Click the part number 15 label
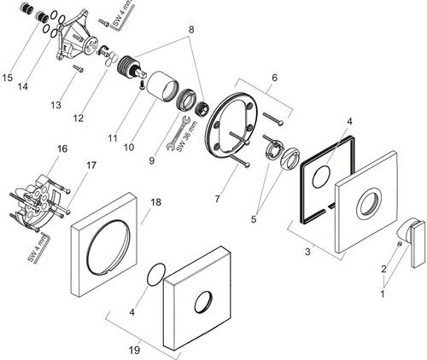point(8,78)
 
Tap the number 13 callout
point(56,105)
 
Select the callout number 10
point(129,148)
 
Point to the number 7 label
point(217,199)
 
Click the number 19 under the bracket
point(134,350)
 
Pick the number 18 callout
point(155,202)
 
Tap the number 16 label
point(62,148)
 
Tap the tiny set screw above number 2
point(400,244)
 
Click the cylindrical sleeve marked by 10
point(161,86)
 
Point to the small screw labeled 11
point(142,84)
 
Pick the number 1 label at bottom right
point(383,293)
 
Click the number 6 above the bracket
point(274,78)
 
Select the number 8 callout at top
point(191,29)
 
